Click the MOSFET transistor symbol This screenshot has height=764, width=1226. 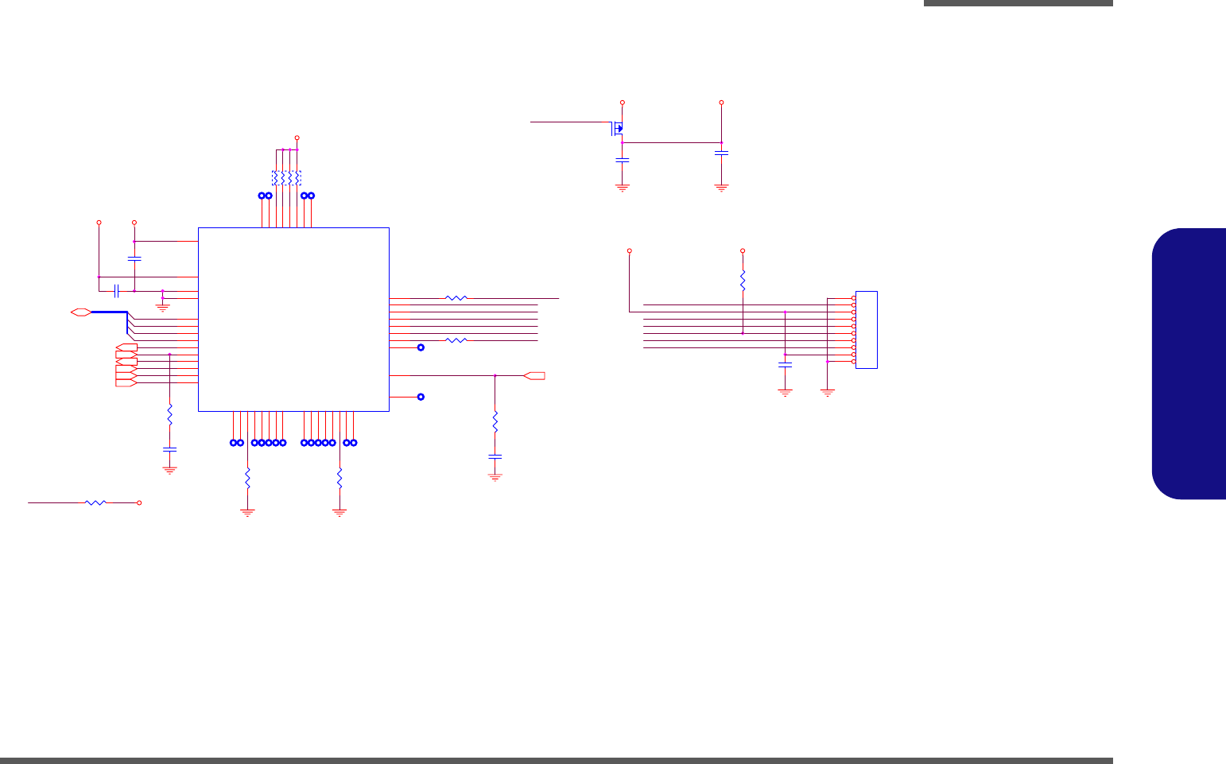[x=618, y=128]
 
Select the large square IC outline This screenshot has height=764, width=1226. [x=293, y=320]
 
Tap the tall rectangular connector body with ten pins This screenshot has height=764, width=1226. [x=867, y=330]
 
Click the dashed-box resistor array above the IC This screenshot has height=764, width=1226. [x=286, y=177]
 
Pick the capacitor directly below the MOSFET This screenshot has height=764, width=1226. [x=623, y=160]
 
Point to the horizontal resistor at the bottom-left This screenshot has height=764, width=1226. [x=95, y=502]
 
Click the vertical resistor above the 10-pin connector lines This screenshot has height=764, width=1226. [x=743, y=280]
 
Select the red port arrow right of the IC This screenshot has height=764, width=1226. [x=535, y=375]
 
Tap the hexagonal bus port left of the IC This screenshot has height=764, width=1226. [x=80, y=312]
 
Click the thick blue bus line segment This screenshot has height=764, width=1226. [x=109, y=312]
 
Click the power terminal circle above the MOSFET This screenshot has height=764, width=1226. [x=623, y=103]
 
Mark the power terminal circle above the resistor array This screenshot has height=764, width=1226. [x=297, y=138]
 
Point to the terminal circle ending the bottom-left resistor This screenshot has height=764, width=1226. [x=140, y=502]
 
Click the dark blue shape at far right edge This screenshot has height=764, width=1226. [x=1189, y=363]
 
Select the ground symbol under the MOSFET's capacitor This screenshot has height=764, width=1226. [x=623, y=188]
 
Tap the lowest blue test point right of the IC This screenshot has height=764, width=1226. [x=421, y=397]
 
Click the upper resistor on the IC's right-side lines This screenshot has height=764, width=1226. [x=456, y=298]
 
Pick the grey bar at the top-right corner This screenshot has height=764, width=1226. [x=1018, y=3]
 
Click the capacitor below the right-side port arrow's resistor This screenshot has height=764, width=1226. [x=495, y=457]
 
